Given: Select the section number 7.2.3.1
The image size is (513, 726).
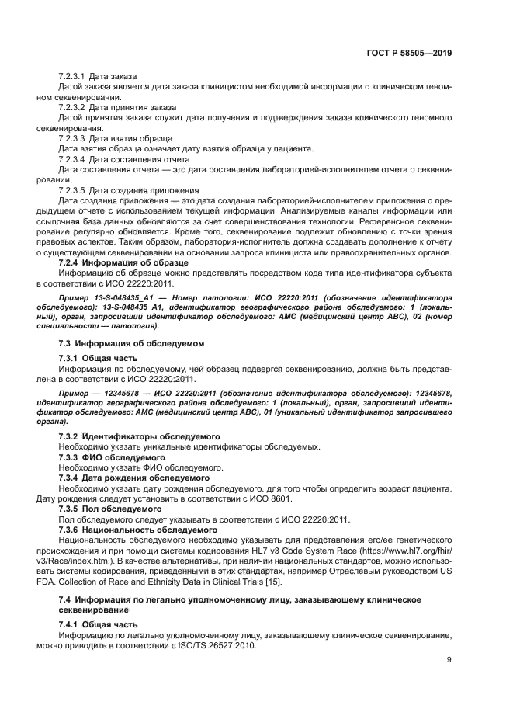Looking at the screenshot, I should (x=71, y=77).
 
